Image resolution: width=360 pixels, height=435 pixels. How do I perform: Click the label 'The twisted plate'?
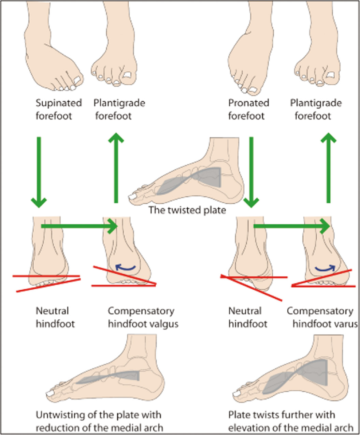187,209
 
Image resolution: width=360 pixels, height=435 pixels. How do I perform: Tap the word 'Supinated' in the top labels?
59,103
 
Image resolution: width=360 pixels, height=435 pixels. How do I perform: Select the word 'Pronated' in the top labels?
249,103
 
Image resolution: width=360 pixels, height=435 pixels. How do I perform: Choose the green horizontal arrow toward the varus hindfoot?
292,226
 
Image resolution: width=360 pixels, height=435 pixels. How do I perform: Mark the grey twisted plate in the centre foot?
191,179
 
